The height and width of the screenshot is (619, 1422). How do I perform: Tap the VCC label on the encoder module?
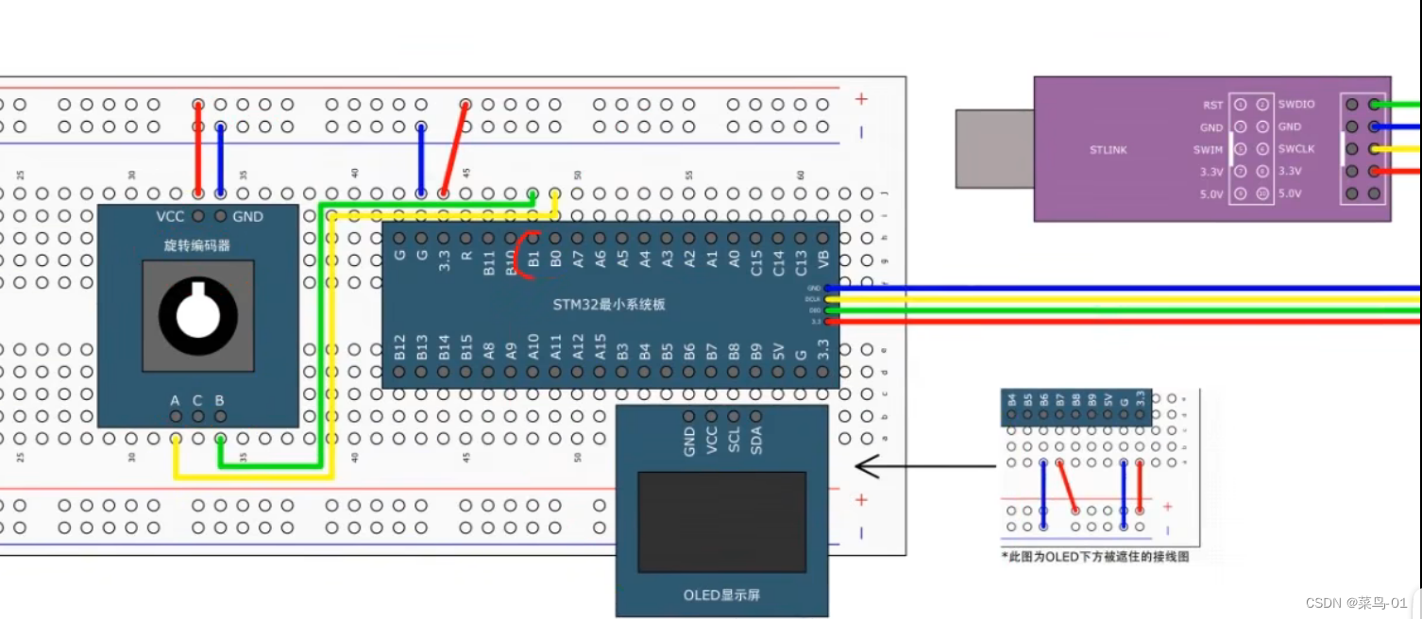[x=170, y=217]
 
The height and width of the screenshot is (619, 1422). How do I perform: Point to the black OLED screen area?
[x=722, y=522]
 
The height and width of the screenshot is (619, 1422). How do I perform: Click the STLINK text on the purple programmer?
[x=1108, y=149]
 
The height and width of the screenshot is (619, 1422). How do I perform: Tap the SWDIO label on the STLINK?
[x=1296, y=104]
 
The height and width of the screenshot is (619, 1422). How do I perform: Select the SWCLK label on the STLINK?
[x=1295, y=149]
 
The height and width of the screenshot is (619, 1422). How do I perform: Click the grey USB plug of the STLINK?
[x=993, y=148]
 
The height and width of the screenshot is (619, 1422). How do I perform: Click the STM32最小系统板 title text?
[x=609, y=304]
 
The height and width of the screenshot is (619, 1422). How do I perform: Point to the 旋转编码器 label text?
[x=197, y=245]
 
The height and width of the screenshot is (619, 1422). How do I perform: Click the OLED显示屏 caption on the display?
[x=721, y=595]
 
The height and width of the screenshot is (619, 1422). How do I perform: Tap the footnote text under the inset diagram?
[x=1095, y=557]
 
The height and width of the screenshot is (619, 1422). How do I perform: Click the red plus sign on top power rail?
[x=860, y=98]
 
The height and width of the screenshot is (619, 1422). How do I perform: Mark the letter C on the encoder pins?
[x=197, y=400]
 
